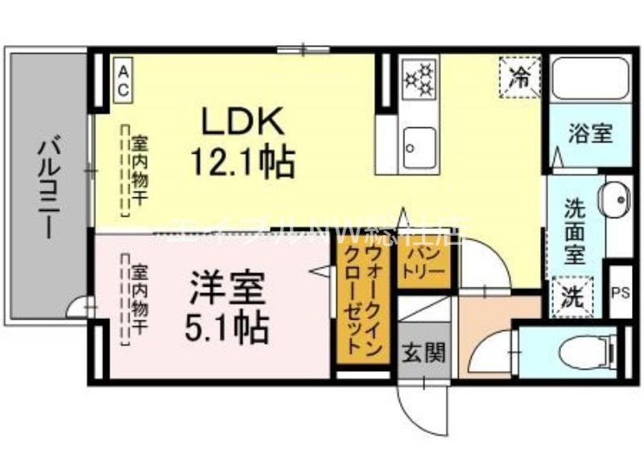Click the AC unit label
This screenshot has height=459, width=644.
click(123, 81)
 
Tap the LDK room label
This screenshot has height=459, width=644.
click(242, 122)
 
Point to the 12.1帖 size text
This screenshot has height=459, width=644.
click(242, 163)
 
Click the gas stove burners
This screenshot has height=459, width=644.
click(419, 79)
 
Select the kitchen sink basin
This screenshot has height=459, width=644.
click(419, 147)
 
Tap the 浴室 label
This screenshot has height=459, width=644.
click(590, 134)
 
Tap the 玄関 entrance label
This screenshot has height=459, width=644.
click(421, 352)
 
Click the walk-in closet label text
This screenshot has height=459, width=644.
click(360, 298)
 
